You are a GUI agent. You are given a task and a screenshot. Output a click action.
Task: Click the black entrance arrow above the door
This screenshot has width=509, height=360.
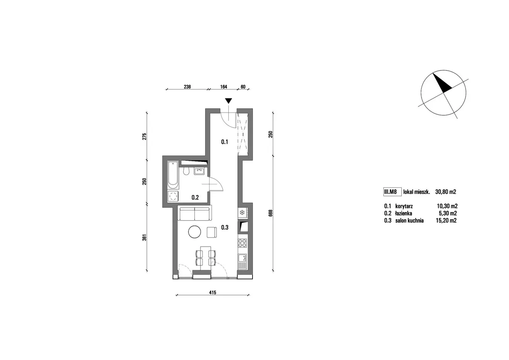click(x=228, y=101)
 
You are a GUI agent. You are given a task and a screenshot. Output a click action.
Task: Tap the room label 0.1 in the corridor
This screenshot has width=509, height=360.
click(x=225, y=142)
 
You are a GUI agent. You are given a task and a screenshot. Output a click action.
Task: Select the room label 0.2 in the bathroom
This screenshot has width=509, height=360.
click(x=195, y=197)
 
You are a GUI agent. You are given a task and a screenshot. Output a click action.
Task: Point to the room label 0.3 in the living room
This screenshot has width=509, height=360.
click(x=225, y=228)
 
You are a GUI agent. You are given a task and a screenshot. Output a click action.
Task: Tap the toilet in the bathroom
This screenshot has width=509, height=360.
click(x=187, y=171)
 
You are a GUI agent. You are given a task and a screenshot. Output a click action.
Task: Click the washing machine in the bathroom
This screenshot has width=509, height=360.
click(x=173, y=196)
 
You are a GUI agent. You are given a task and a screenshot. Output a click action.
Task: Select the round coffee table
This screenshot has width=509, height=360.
click(x=194, y=232)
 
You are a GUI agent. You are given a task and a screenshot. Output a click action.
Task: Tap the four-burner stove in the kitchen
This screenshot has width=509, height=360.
click(x=243, y=243)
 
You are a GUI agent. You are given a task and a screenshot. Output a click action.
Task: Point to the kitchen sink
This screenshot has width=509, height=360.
click(x=243, y=262)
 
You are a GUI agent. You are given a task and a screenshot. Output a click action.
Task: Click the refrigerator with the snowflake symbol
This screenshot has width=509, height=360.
click(x=243, y=213)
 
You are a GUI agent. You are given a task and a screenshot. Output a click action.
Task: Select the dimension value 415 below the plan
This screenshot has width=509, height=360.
click(x=212, y=292)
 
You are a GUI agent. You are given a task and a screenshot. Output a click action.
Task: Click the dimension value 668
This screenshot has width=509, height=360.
click(x=270, y=213)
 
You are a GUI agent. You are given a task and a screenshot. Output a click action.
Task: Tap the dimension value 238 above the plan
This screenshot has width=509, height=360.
click(x=187, y=87)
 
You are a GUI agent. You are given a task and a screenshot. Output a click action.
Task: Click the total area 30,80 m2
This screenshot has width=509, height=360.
click(x=446, y=192)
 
